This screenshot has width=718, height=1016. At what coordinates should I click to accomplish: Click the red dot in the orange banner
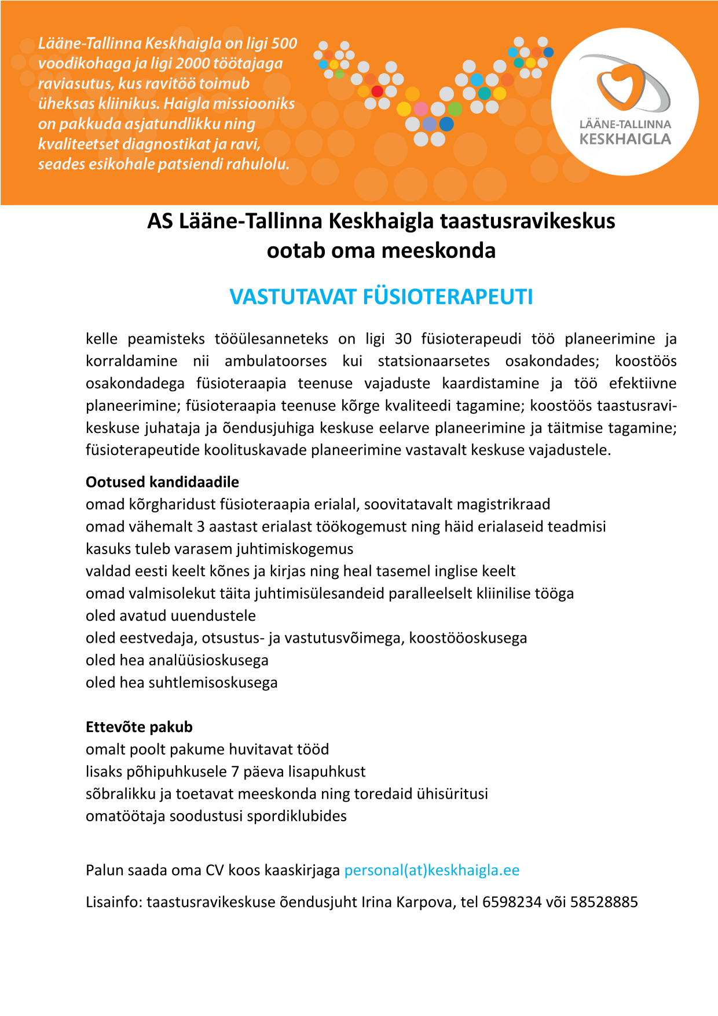point(377,92)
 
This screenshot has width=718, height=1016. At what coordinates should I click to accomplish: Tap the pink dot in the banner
point(421,109)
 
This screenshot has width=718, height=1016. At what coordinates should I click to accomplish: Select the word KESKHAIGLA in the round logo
point(625,139)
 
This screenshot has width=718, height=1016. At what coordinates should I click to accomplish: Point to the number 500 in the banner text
point(284,43)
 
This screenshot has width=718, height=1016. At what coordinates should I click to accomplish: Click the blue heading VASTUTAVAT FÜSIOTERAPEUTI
point(381,297)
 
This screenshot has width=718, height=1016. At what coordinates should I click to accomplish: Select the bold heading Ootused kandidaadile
point(162,482)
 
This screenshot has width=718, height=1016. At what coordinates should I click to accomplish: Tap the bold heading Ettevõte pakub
point(139,727)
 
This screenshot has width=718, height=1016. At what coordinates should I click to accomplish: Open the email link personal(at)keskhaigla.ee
point(432,870)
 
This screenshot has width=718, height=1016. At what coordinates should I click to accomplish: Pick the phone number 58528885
point(604,902)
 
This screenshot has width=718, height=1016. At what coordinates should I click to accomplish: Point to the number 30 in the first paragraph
point(403,339)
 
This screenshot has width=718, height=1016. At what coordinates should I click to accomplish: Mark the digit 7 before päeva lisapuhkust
point(235,771)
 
